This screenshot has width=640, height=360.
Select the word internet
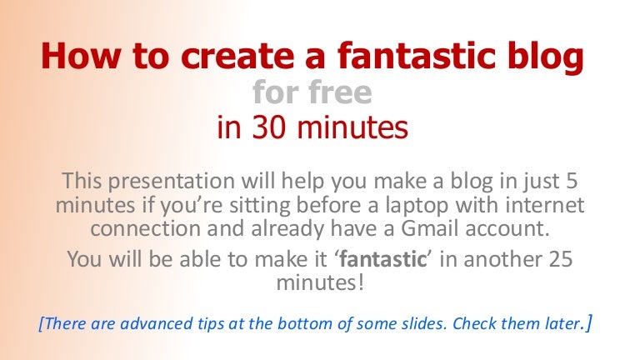[x=544, y=204]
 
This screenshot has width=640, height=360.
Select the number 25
[x=558, y=259]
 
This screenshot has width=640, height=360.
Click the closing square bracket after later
[x=589, y=322]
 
